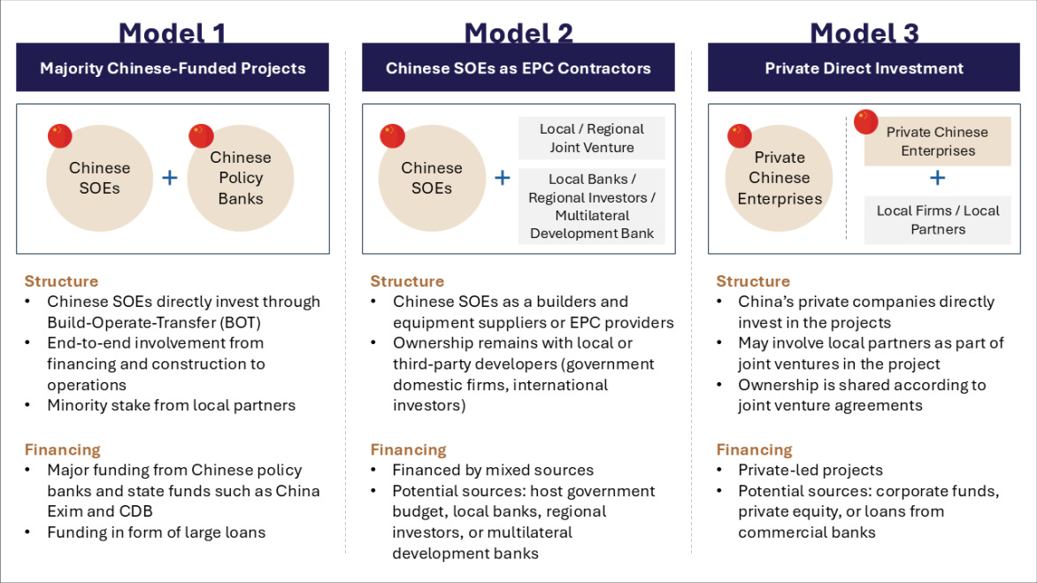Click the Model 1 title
tap(173, 34)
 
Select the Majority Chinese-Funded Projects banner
tap(173, 68)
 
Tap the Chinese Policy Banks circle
tap(240, 178)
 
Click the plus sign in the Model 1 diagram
tap(170, 178)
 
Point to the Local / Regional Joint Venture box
tap(592, 138)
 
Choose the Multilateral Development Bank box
tap(592, 206)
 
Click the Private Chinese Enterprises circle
tap(780, 178)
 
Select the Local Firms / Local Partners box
tap(938, 219)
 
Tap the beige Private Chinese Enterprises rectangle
tap(937, 142)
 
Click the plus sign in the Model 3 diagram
tap(938, 178)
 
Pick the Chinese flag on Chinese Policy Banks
tap(202, 135)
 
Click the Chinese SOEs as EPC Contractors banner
tap(518, 68)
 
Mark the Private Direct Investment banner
tap(864, 68)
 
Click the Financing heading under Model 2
tap(408, 449)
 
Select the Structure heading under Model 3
tap(753, 281)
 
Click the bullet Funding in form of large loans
tap(157, 532)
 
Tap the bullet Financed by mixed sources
tap(493, 470)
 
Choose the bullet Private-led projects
tap(810, 470)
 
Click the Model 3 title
tap(864, 34)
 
